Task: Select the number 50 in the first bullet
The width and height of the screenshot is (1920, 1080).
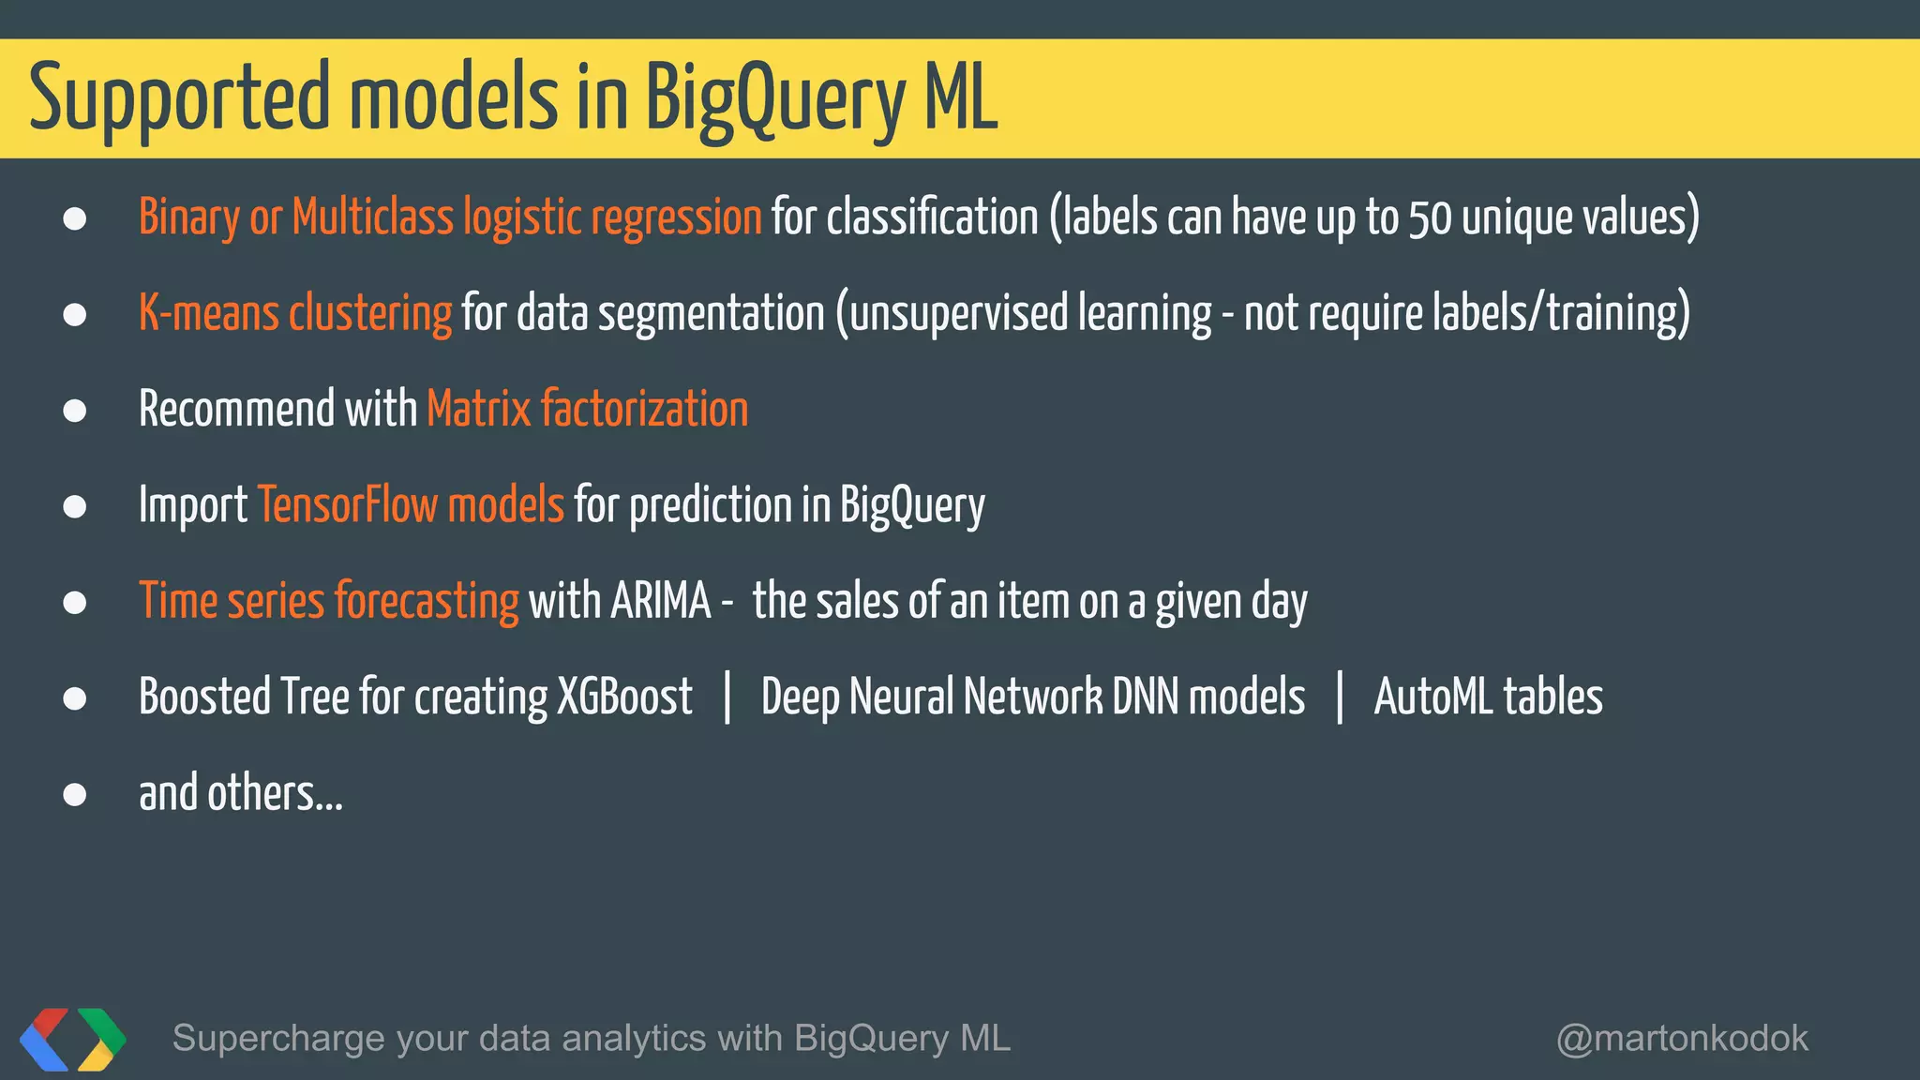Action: tap(1430, 217)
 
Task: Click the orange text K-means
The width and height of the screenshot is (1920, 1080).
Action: tap(208, 313)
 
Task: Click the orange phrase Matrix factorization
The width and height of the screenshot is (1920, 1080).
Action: tap(587, 410)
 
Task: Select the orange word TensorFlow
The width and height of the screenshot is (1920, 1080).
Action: tap(347, 505)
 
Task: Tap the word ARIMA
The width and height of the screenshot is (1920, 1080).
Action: tap(660, 601)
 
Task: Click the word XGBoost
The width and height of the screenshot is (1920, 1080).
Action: tap(624, 697)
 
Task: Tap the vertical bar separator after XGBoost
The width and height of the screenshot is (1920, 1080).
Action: tap(727, 697)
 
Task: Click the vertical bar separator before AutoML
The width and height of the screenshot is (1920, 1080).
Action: tap(1340, 697)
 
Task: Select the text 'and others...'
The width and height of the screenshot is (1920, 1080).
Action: tap(240, 793)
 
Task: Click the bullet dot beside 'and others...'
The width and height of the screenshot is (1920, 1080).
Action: tap(75, 795)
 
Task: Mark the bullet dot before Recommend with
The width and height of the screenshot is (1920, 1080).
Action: tap(75, 411)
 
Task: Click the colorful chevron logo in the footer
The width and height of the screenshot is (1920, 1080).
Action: tap(72, 1039)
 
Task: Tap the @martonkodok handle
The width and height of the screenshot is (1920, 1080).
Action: tap(1682, 1039)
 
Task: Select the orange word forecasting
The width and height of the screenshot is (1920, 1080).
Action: tap(427, 601)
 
